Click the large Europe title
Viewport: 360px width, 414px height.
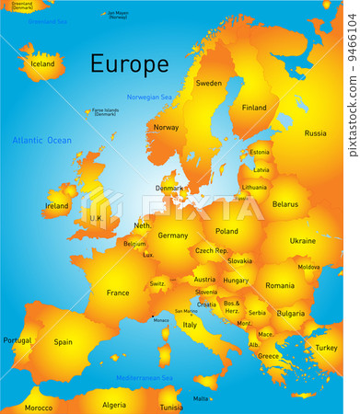click(x=129, y=64)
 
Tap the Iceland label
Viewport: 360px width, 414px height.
click(x=43, y=64)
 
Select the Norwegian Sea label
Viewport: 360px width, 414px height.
click(x=149, y=97)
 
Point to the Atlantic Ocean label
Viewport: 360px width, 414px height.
click(x=41, y=140)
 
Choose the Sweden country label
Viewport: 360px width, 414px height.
click(x=209, y=83)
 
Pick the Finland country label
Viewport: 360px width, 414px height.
click(x=254, y=107)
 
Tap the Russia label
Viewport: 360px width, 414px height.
click(x=315, y=133)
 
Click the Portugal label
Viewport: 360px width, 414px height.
click(x=17, y=340)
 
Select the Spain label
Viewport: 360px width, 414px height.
click(x=63, y=342)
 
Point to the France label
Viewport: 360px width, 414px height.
click(x=118, y=293)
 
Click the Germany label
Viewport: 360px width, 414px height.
click(x=173, y=235)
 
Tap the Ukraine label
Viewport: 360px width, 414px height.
click(x=303, y=240)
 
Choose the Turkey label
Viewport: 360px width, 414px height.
click(x=326, y=348)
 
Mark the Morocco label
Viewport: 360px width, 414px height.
click(x=39, y=407)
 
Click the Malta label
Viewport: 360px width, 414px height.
click(x=201, y=398)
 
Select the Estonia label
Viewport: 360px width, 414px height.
click(x=260, y=152)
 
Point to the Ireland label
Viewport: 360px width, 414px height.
click(x=56, y=206)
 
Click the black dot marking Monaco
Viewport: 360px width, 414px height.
click(x=152, y=317)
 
